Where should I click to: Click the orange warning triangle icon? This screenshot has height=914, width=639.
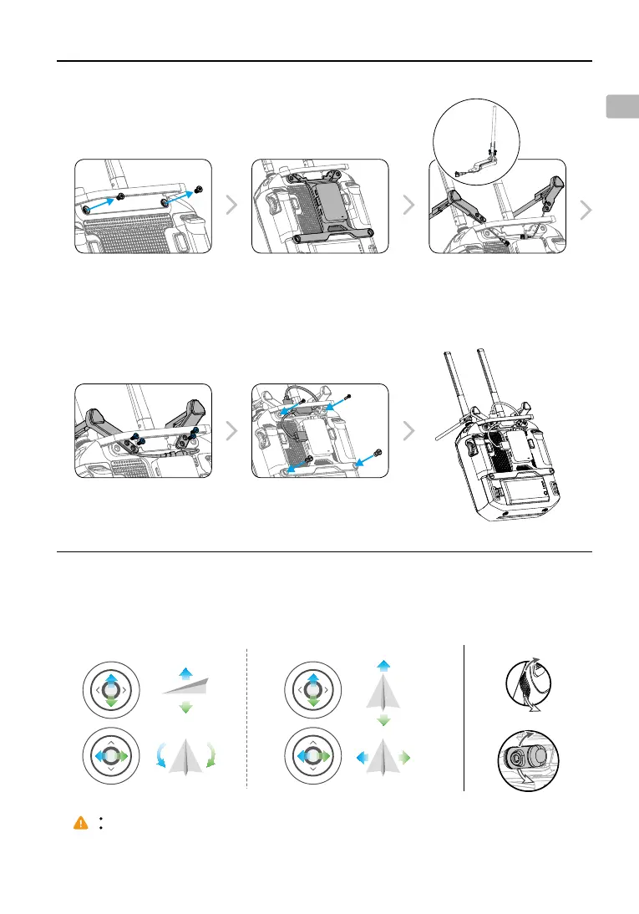coord(80,823)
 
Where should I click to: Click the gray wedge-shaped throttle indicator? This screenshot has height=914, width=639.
coord(185,685)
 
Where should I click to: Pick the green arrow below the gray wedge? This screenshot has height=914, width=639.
coord(186,708)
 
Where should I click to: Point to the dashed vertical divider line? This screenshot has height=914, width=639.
coord(248,718)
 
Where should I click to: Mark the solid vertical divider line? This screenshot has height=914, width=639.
coord(464,718)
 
